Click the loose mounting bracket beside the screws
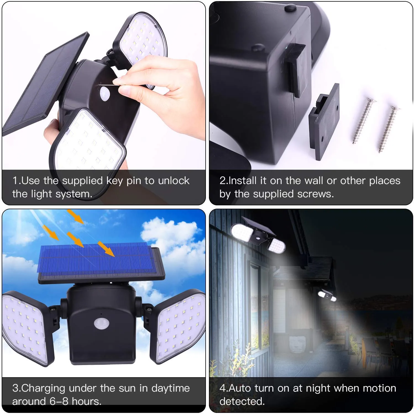point(324,122)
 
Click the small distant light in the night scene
point(328,296)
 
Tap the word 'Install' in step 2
point(243,180)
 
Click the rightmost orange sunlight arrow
point(106,248)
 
